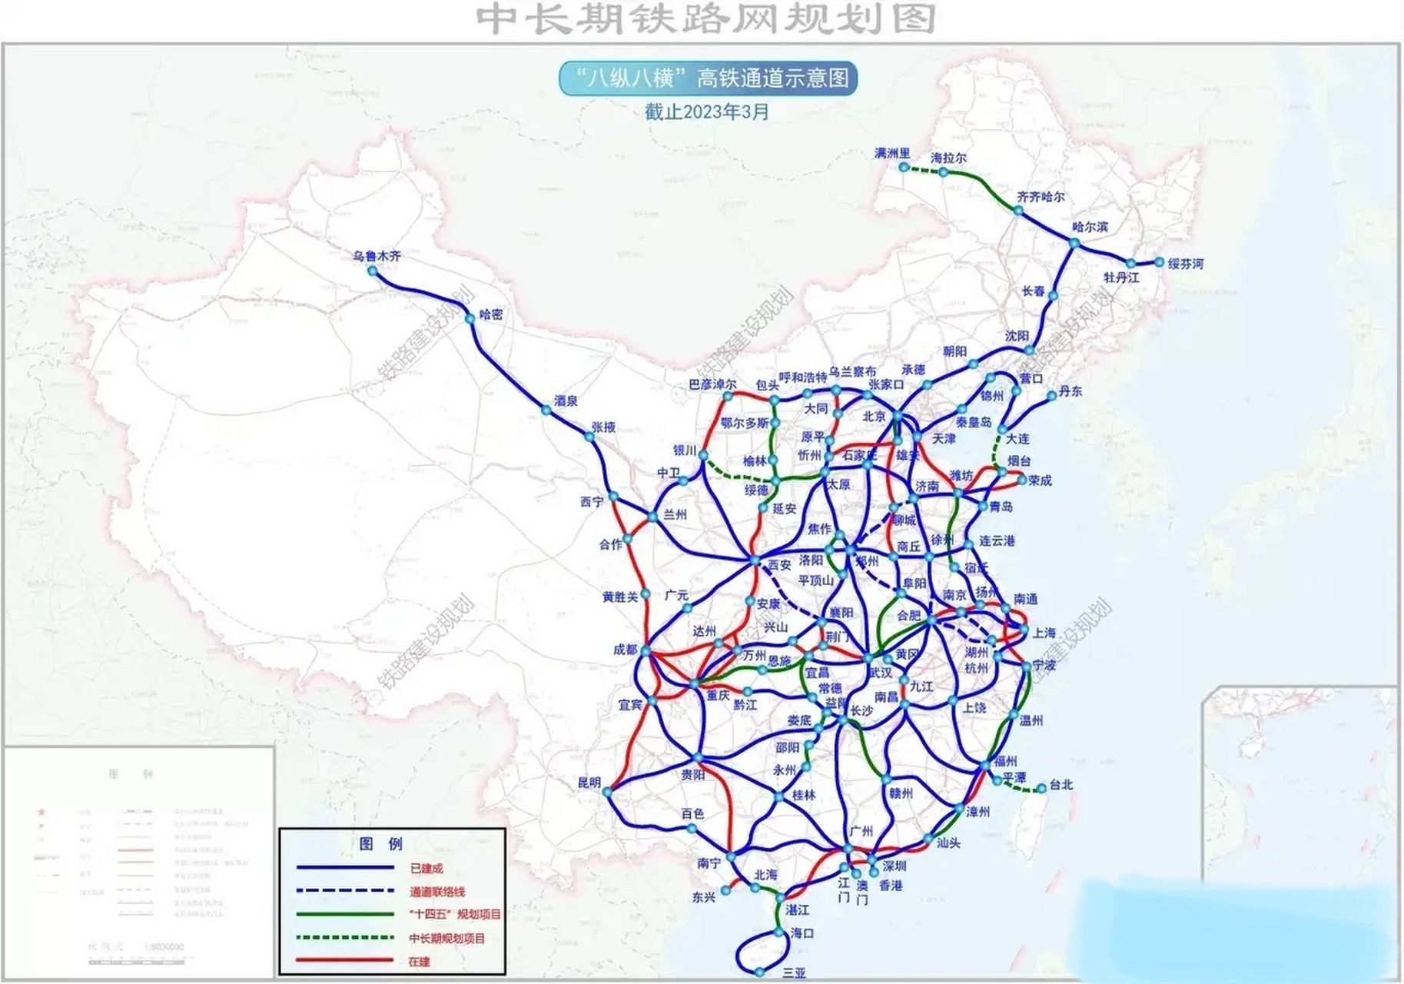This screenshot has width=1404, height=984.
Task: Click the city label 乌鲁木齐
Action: click(x=377, y=256)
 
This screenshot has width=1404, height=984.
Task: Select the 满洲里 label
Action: click(x=891, y=153)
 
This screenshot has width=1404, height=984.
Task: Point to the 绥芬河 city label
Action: click(x=1185, y=264)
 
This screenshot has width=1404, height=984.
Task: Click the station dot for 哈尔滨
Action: click(x=1074, y=244)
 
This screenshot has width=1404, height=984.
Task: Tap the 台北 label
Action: click(x=1060, y=785)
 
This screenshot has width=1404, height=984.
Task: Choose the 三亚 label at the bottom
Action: click(x=794, y=972)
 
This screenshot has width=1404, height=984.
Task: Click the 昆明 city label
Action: click(x=589, y=783)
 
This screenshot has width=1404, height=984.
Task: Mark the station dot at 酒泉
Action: click(x=546, y=411)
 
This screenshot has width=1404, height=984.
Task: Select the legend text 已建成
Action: click(x=427, y=869)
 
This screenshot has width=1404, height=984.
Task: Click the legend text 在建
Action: click(x=420, y=962)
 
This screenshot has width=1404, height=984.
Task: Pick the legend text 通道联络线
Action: click(x=437, y=892)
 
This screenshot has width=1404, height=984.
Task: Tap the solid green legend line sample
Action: click(x=345, y=915)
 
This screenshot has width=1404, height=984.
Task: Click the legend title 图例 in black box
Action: click(x=381, y=844)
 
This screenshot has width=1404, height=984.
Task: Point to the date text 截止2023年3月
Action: click(x=706, y=112)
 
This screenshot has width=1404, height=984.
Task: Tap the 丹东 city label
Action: click(x=1070, y=391)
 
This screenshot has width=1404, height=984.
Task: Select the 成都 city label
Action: click(x=626, y=650)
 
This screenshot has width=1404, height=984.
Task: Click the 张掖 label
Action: click(x=604, y=427)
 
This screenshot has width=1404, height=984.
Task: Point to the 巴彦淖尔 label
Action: click(x=712, y=384)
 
